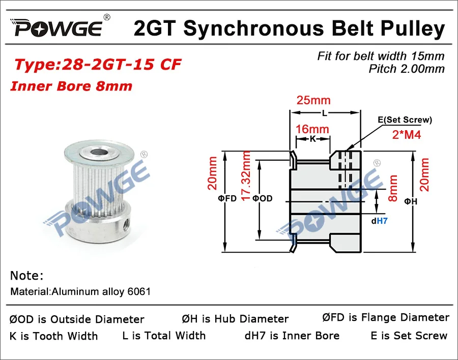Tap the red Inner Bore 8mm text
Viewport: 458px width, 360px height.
click(x=71, y=85)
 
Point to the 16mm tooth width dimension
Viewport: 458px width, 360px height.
click(x=312, y=129)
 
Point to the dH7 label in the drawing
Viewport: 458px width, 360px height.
click(x=380, y=221)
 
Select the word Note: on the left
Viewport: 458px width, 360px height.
click(x=26, y=276)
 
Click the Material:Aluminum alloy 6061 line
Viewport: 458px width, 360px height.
click(x=80, y=292)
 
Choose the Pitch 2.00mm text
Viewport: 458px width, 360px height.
click(x=407, y=69)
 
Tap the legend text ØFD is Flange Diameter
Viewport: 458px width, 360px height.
click(x=386, y=318)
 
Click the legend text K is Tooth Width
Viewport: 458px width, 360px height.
click(x=53, y=336)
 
